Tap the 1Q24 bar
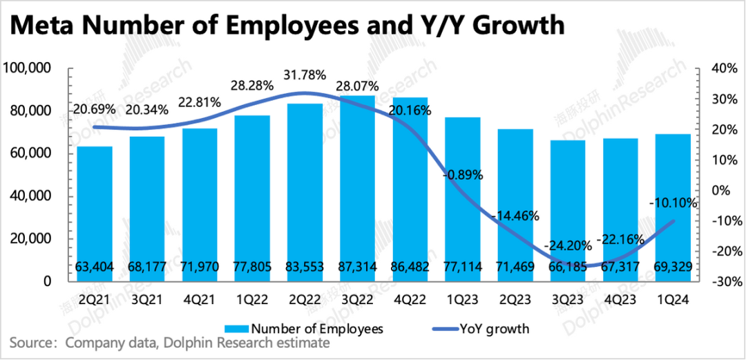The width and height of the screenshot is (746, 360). click(671, 207)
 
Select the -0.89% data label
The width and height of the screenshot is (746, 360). click(462, 175)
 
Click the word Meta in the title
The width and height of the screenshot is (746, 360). click(48, 26)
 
